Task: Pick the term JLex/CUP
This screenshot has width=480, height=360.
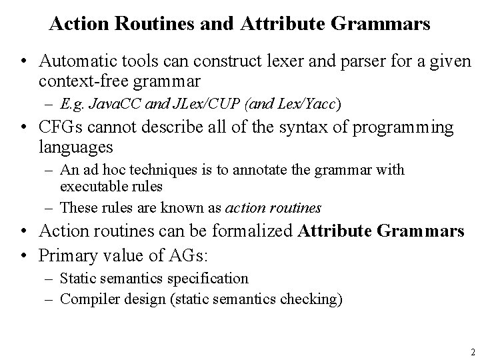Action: (x=193, y=105)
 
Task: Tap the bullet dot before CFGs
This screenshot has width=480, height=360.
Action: (x=24, y=128)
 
